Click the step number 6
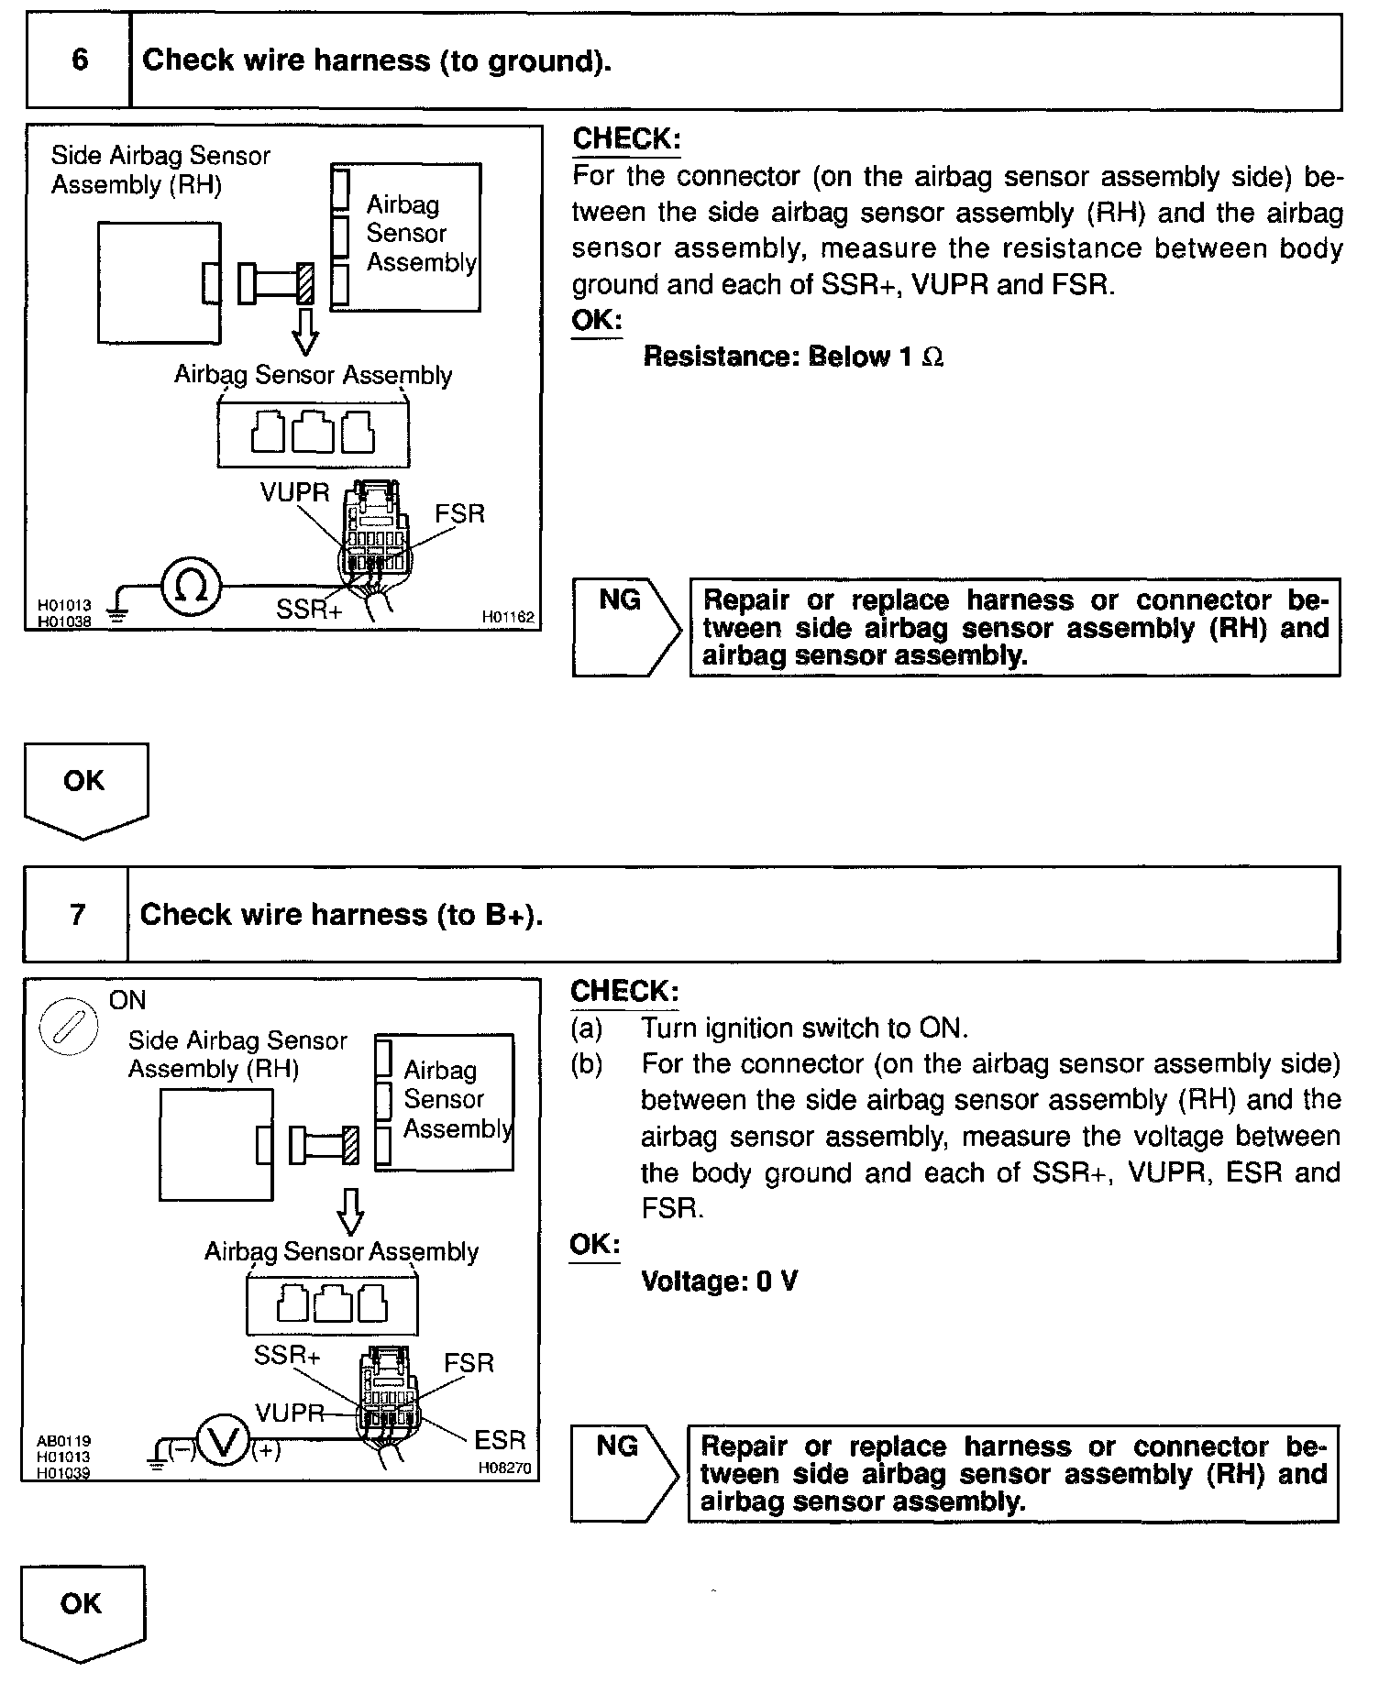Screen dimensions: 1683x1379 (80, 60)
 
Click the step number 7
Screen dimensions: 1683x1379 (78, 914)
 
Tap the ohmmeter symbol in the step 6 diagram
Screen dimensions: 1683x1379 (191, 587)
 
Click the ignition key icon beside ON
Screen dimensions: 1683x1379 (68, 1027)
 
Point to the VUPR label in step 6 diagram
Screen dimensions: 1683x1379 (294, 492)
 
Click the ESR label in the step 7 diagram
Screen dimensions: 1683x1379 (500, 1439)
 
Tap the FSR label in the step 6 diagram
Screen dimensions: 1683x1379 (459, 513)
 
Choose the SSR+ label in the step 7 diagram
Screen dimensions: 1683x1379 (287, 1356)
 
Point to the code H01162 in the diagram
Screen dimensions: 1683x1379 (507, 618)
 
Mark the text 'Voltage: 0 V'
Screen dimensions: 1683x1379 (719, 1281)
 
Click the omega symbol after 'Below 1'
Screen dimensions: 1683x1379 (932, 357)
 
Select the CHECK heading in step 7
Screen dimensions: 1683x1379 (624, 991)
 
